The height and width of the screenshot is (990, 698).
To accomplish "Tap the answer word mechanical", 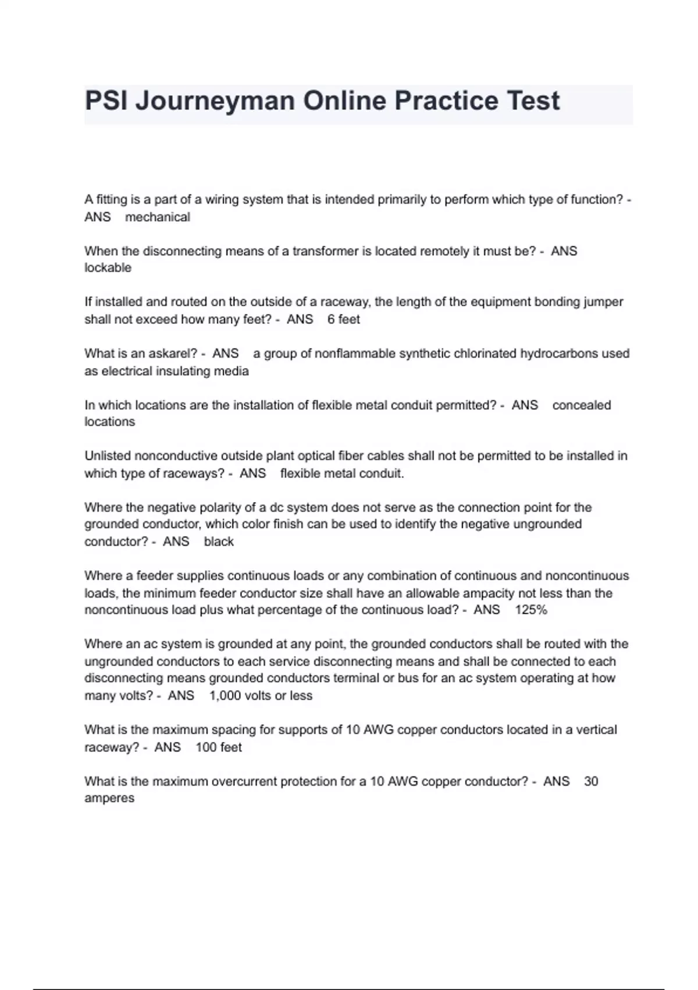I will (158, 217).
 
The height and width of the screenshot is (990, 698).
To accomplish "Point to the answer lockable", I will (108, 268).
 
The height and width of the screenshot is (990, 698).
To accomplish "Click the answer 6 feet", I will (343, 319).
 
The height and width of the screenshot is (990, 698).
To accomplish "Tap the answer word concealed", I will (581, 405).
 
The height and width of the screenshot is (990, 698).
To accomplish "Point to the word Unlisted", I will (107, 456).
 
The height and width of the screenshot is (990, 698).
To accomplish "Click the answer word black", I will (219, 542).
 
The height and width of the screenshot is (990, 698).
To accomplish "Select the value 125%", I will (530, 610).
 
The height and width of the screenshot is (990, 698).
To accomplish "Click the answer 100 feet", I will (218, 747).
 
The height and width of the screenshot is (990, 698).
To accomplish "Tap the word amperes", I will (109, 798).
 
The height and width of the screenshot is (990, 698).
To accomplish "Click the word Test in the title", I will (533, 101).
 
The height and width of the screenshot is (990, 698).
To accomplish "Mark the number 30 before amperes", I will (590, 782).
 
